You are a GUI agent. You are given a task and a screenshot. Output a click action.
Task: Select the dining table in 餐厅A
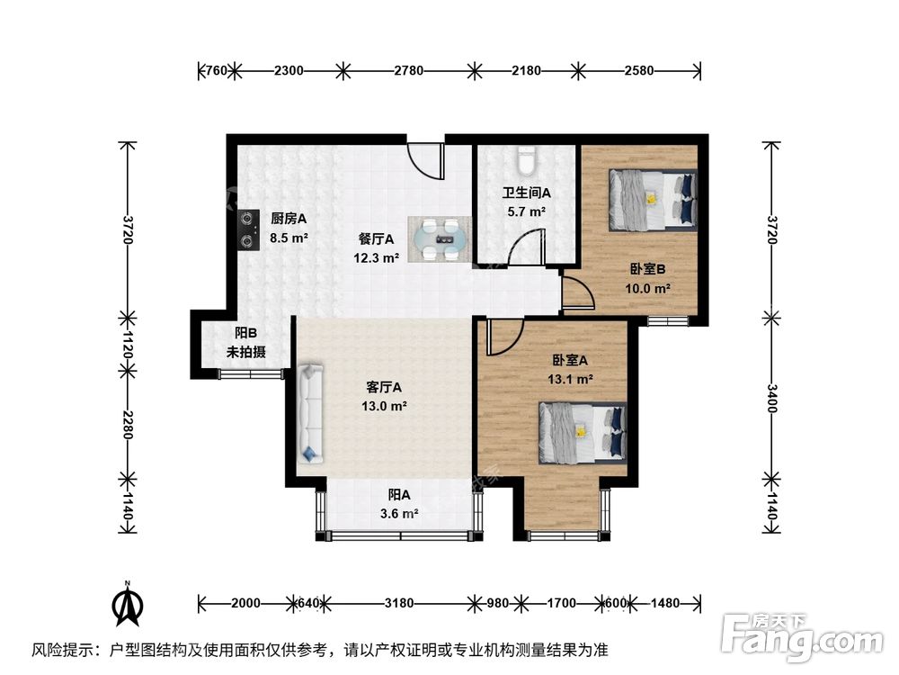click(x=440, y=239)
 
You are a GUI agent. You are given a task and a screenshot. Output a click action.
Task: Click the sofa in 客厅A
click(x=311, y=412)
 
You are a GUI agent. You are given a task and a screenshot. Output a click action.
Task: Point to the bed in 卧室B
click(x=653, y=200)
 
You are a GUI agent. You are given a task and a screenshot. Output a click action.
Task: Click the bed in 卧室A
click(x=582, y=431)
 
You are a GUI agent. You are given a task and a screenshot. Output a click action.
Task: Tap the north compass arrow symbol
click(x=129, y=605)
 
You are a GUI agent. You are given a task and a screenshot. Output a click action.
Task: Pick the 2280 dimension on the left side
click(x=127, y=425)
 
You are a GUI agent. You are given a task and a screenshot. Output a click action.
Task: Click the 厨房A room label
click(x=289, y=218)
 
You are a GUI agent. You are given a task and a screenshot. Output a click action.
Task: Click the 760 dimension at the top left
click(x=216, y=69)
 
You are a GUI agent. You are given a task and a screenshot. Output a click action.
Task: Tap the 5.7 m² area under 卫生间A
click(x=525, y=211)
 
